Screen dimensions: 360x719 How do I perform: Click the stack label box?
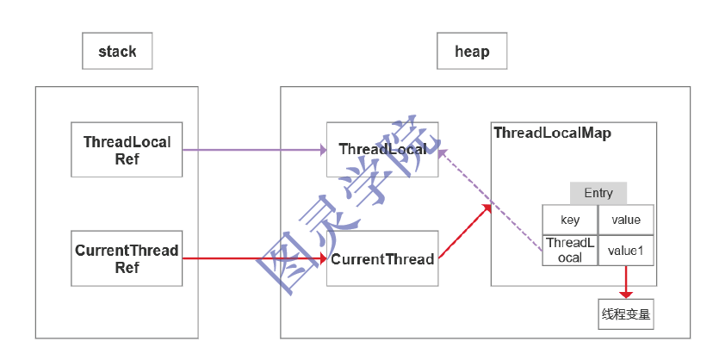117,52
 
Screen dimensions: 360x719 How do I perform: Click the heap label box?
471,52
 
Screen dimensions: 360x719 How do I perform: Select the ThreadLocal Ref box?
127,150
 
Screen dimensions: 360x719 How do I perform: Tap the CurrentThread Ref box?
127,259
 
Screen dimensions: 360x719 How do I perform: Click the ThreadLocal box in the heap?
382,150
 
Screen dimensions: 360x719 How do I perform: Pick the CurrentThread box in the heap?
382,259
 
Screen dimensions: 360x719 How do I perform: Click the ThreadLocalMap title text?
552,133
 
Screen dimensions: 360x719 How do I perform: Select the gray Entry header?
598,193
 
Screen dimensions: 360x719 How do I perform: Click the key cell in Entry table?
569,220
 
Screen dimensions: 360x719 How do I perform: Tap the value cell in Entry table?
625,220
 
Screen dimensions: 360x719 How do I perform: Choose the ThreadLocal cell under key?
569,250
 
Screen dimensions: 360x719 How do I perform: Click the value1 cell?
625,250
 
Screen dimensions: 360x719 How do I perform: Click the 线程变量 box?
626,314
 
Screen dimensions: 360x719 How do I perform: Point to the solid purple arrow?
254,150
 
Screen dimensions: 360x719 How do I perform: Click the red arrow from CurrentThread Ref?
254,258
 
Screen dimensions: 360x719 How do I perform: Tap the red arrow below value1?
626,280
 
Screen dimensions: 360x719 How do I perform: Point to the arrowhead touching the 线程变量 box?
626,294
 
